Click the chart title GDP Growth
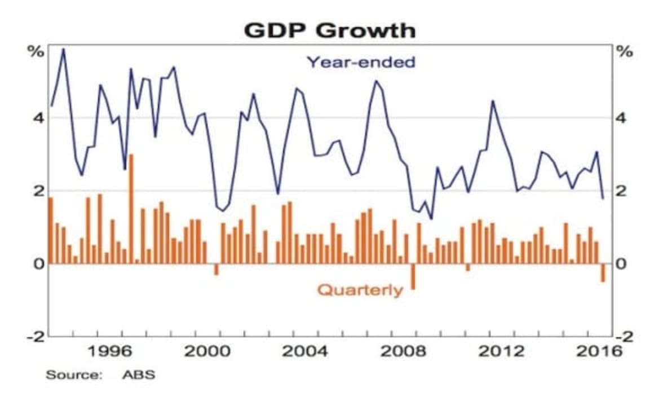pos(329,30)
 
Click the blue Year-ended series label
pos(360,61)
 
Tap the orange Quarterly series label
pos(360,290)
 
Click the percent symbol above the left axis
pos(36,51)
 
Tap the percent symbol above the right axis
pos(625,51)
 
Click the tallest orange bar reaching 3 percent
pos(131,209)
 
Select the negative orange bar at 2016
pos(603,272)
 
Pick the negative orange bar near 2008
pos(413,276)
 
